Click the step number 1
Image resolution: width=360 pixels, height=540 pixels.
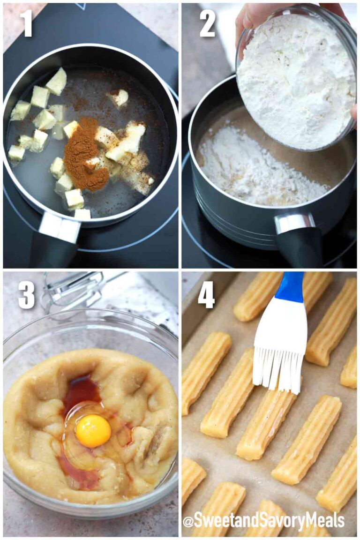(26, 23)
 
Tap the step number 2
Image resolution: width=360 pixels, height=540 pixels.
(207, 23)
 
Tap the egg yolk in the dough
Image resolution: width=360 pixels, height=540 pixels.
(93, 431)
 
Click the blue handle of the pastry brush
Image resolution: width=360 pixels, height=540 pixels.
(290, 287)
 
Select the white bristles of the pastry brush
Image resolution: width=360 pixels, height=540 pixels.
(277, 366)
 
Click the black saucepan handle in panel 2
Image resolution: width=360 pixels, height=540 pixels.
(300, 246)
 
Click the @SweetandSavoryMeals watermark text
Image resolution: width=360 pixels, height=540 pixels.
(263, 521)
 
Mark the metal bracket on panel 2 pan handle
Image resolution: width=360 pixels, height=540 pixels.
(294, 223)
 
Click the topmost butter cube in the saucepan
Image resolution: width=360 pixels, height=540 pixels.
(57, 81)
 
